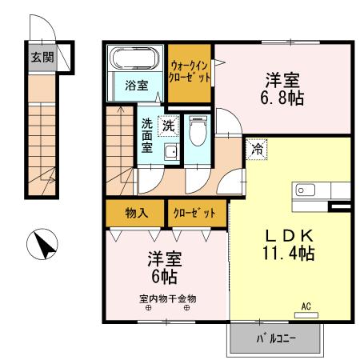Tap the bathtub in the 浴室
pyautogui.click(x=135, y=59)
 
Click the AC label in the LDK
pyautogui.click(x=306, y=306)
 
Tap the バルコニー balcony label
pyautogui.click(x=276, y=339)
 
